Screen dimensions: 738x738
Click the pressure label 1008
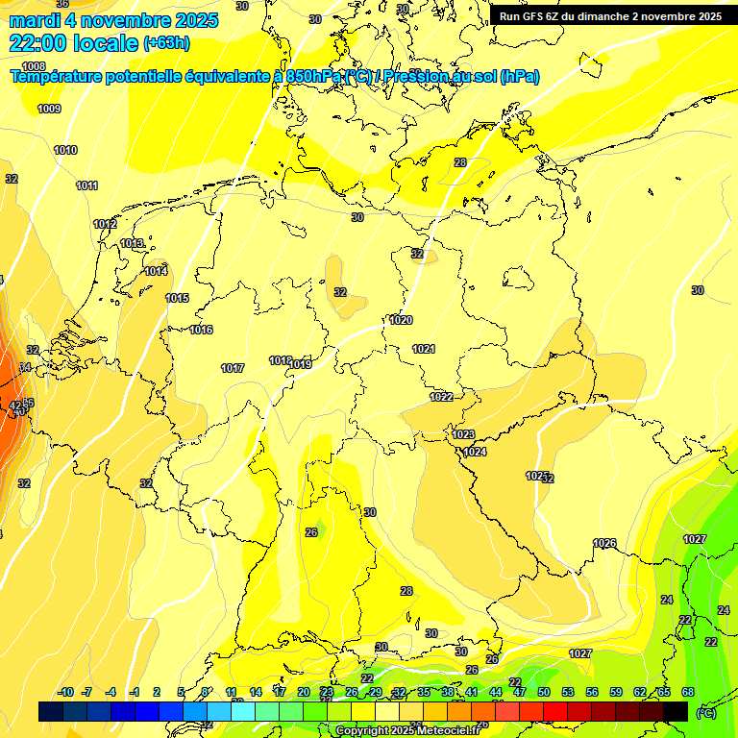pyautogui.click(x=34, y=66)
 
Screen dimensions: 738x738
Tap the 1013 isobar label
pyautogui.click(x=133, y=243)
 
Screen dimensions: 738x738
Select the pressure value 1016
pyautogui.click(x=201, y=330)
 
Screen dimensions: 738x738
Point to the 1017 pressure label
pyautogui.click(x=233, y=368)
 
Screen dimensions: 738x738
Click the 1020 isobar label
pyautogui.click(x=402, y=320)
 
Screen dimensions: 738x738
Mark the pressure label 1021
pyautogui.click(x=424, y=349)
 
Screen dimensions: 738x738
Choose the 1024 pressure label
pyautogui.click(x=475, y=452)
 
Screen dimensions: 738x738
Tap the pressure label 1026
pyautogui.click(x=604, y=543)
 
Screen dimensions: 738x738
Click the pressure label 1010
pyautogui.click(x=65, y=150)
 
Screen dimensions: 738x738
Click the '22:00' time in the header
pyautogui.click(x=39, y=42)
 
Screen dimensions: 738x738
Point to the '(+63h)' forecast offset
pyautogui.click(x=166, y=43)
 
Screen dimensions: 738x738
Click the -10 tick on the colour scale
pyautogui.click(x=65, y=692)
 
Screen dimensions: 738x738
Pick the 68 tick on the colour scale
pyautogui.click(x=688, y=692)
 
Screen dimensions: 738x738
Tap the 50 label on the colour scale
pyautogui.click(x=544, y=692)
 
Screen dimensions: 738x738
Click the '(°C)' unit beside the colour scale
pyautogui.click(x=705, y=713)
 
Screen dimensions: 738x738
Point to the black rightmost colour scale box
pyautogui.click(x=676, y=711)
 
